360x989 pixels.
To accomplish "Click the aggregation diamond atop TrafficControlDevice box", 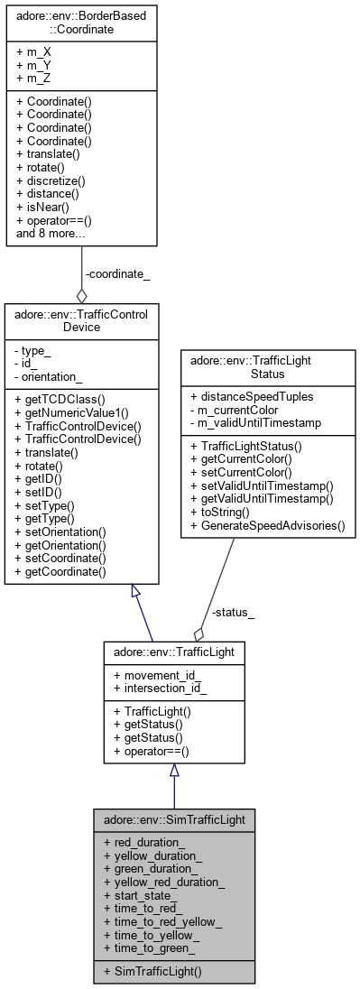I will pyautogui.click(x=82, y=297).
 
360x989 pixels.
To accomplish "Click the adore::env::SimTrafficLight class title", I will pyautogui.click(x=173, y=820).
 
